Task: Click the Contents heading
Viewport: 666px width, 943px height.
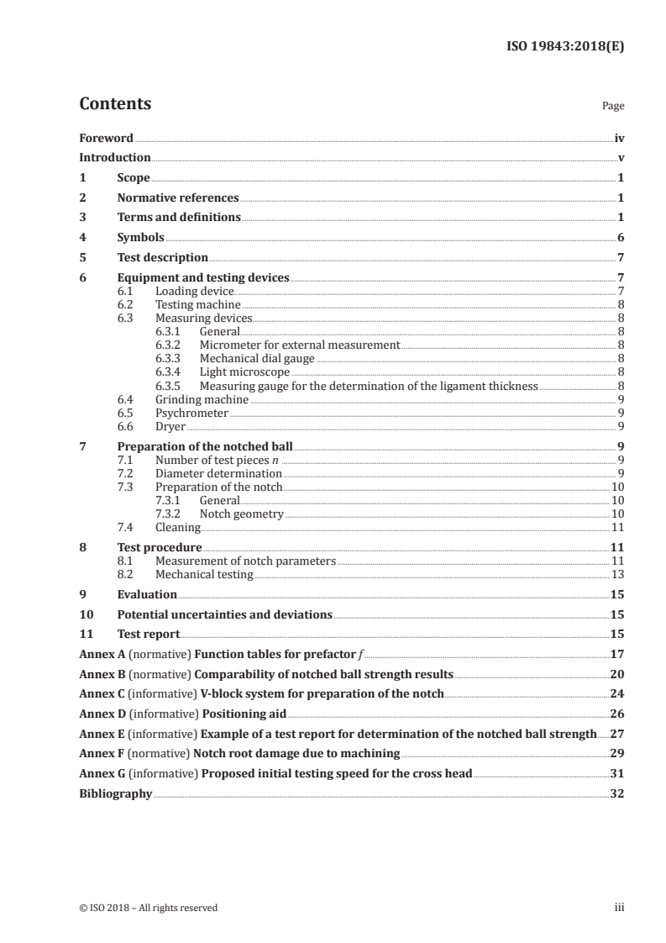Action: click(115, 104)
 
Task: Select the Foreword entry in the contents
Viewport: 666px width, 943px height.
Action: click(106, 138)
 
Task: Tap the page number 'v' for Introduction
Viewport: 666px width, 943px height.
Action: click(621, 158)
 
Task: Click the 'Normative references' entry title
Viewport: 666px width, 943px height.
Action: click(178, 198)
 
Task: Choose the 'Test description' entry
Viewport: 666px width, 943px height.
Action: click(162, 257)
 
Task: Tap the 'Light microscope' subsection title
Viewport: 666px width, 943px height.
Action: click(244, 371)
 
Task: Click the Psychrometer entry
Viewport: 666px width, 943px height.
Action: click(191, 413)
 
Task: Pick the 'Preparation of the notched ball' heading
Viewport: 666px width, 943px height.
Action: click(205, 447)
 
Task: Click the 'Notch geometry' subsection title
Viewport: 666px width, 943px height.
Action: click(242, 514)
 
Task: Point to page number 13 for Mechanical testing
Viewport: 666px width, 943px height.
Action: click(617, 575)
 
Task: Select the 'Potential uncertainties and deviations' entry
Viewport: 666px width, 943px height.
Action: click(224, 614)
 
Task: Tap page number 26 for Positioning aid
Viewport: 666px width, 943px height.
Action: click(617, 714)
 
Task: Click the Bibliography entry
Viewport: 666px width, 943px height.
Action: click(115, 793)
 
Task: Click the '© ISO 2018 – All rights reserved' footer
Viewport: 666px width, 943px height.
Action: click(148, 908)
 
